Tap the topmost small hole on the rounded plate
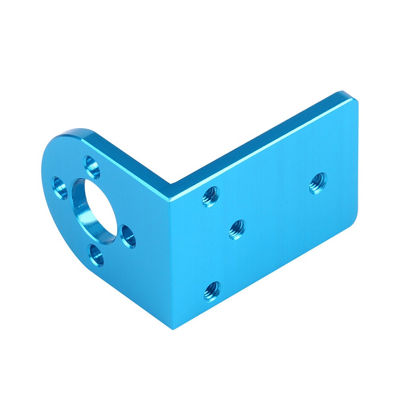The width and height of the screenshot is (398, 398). pos(92,167)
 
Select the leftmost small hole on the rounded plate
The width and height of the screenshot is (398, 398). pos(60,188)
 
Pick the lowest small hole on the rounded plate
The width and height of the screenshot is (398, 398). pos(96,255)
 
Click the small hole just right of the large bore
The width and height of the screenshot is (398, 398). pos(128,236)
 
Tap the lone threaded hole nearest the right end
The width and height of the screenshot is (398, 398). pos(318,183)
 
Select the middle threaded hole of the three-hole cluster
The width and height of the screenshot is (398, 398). pos(237,230)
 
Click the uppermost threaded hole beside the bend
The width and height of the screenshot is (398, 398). pos(210,196)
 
